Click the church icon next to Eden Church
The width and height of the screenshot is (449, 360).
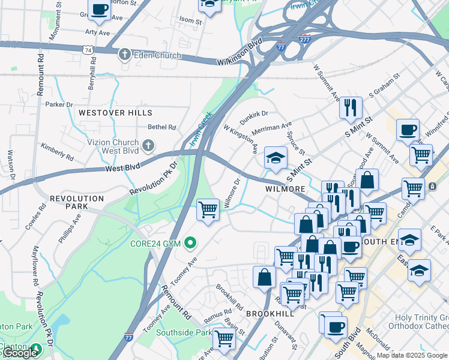[x=125, y=55]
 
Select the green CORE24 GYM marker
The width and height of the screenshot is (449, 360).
[x=190, y=243]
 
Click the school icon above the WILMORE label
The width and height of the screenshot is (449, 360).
[x=276, y=158]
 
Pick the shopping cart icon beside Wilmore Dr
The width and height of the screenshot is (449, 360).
[x=208, y=210]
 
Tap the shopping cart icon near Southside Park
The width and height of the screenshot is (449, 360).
[x=224, y=338]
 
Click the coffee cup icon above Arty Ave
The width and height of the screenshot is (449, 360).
[x=100, y=9]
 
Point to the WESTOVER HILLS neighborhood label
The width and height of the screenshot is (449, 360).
[x=115, y=113]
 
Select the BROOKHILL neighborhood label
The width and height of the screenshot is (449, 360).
[x=270, y=314]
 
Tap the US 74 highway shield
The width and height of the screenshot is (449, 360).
[x=89, y=51]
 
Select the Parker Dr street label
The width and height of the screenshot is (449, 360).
[x=59, y=104]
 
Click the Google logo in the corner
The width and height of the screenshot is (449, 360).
[x=20, y=353]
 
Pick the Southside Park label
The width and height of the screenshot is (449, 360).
[x=184, y=332]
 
